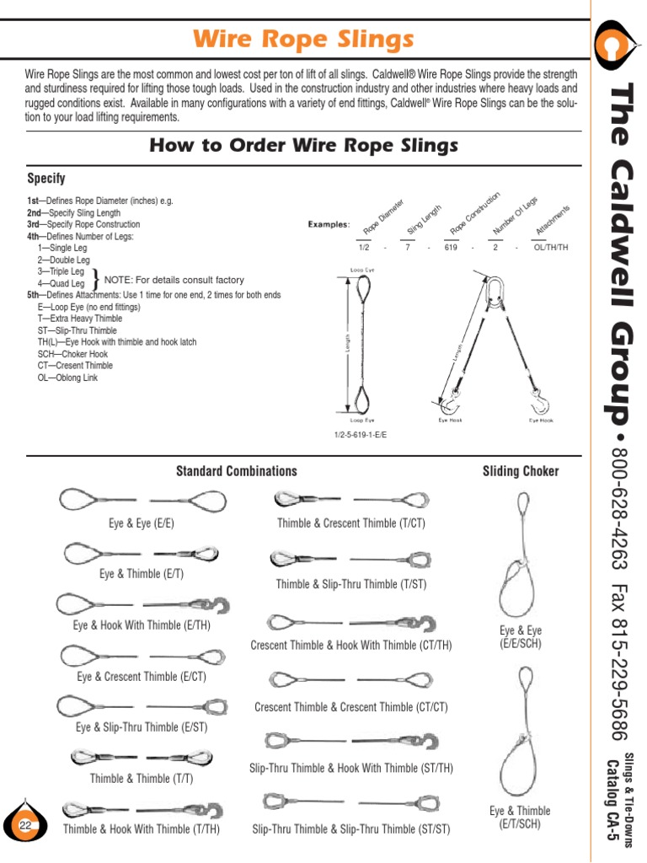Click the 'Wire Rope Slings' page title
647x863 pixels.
click(304, 39)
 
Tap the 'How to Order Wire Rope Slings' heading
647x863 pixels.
click(303, 146)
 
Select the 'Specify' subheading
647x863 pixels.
click(46, 179)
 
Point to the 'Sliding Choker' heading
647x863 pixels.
click(520, 471)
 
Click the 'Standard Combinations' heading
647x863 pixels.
click(236, 471)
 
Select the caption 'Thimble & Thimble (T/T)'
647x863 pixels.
click(142, 779)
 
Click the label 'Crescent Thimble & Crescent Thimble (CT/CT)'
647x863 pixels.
click(351, 707)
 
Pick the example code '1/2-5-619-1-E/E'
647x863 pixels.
click(366, 435)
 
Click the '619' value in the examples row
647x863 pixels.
click(451, 249)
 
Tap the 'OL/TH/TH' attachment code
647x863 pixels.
click(552, 249)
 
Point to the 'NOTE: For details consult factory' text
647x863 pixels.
click(174, 280)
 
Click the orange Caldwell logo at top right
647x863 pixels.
click(619, 45)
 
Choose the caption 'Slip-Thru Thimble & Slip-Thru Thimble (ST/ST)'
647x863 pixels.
click(351, 829)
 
